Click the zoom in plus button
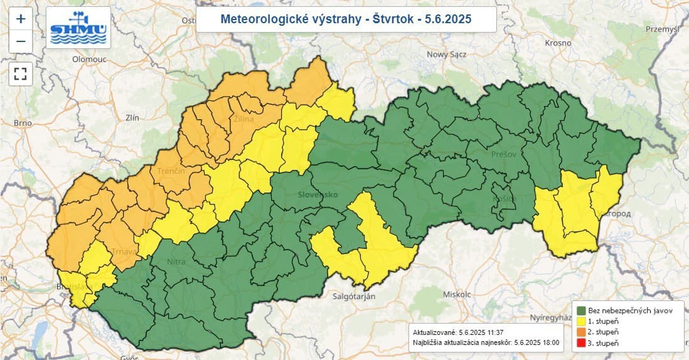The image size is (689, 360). (21, 19)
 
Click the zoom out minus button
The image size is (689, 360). (21, 41)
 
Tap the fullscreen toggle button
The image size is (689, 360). (21, 74)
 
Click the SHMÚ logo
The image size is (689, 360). (78, 28)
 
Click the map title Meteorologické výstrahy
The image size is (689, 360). (346, 19)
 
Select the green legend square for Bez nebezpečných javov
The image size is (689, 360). (582, 310)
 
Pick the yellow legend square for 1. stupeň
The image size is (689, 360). (582, 320)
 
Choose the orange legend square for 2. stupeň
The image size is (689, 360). (582, 332)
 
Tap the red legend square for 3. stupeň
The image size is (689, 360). (582, 342)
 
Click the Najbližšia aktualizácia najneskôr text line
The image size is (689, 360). (486, 343)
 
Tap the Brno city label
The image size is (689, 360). (23, 123)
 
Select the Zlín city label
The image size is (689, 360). (132, 117)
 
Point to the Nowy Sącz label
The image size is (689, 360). (447, 55)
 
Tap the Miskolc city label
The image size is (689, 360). (456, 294)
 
